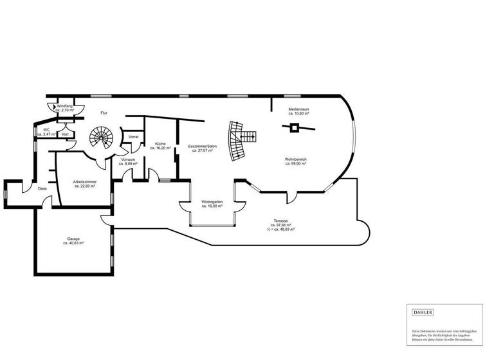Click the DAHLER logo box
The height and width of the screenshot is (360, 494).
pyautogui.click(x=423, y=312)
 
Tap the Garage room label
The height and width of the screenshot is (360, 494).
pyautogui.click(x=73, y=239)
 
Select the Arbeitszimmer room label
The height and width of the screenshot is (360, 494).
pyautogui.click(x=85, y=182)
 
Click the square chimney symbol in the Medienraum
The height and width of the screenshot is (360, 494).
pyautogui.click(x=294, y=129)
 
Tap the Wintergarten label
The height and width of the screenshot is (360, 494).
pyautogui.click(x=212, y=202)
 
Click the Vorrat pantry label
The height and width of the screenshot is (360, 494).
pyautogui.click(x=134, y=137)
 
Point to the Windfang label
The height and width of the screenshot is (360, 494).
pyautogui.click(x=65, y=105)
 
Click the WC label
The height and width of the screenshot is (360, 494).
pyautogui.click(x=46, y=129)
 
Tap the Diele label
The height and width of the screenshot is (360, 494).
pyautogui.click(x=42, y=188)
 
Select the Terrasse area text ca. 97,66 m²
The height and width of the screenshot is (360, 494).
pyautogui.click(x=280, y=225)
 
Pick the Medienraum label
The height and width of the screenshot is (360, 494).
pyautogui.click(x=298, y=109)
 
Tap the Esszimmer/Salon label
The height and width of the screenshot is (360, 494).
pyautogui.click(x=203, y=147)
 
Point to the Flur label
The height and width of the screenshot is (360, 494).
pyautogui.click(x=104, y=113)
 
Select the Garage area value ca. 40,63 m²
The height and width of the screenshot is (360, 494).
pyautogui.click(x=73, y=244)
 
